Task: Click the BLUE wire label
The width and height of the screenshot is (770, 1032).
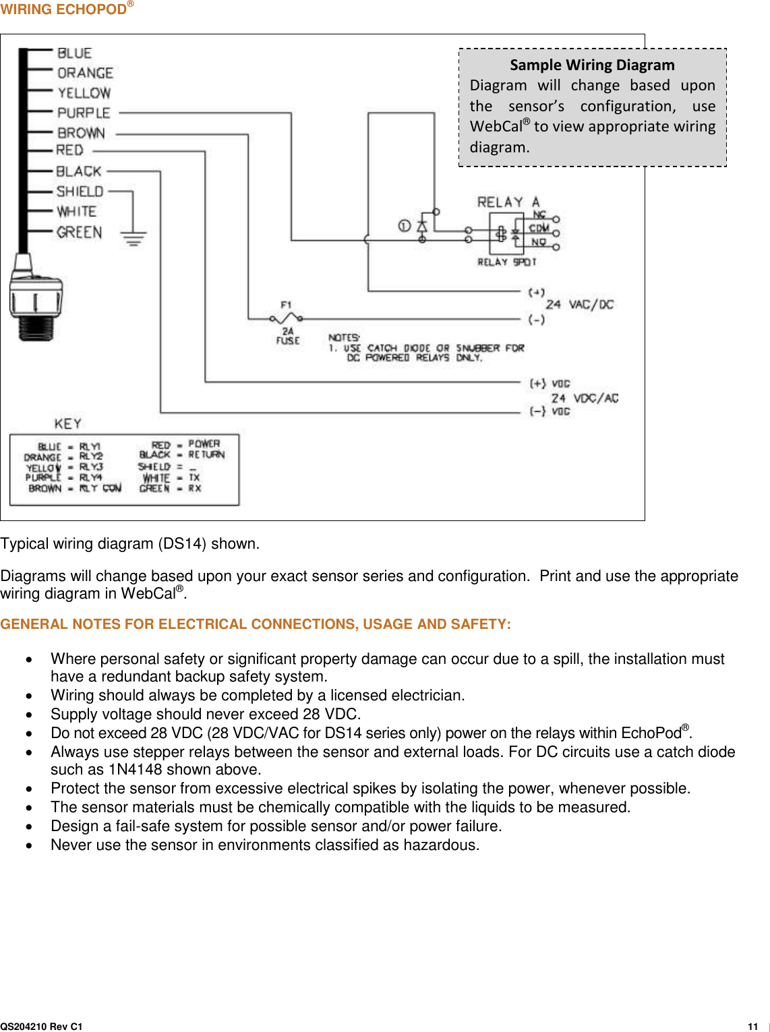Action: (x=74, y=53)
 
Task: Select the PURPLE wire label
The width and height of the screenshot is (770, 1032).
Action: (x=84, y=113)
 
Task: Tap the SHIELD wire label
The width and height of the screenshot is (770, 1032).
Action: (x=80, y=191)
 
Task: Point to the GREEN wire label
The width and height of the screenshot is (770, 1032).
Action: (x=79, y=233)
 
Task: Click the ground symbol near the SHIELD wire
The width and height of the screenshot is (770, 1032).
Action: (x=134, y=237)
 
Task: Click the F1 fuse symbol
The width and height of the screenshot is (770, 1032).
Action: (x=287, y=317)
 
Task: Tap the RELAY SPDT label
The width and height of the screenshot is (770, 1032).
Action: (x=506, y=262)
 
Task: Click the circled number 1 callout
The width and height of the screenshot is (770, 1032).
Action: (x=404, y=226)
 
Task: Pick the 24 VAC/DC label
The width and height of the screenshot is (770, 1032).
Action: (x=579, y=305)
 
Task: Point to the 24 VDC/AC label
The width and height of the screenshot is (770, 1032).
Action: (x=584, y=398)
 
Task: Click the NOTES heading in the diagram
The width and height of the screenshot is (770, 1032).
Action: (x=344, y=337)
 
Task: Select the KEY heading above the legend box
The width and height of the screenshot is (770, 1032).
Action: (x=68, y=423)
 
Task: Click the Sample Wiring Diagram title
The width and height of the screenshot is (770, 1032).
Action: (x=592, y=65)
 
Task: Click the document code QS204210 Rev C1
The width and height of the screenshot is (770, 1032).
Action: (x=41, y=1026)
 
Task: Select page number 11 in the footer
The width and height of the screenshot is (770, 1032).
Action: (x=752, y=1026)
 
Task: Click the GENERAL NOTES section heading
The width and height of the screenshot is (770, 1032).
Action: (x=256, y=624)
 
